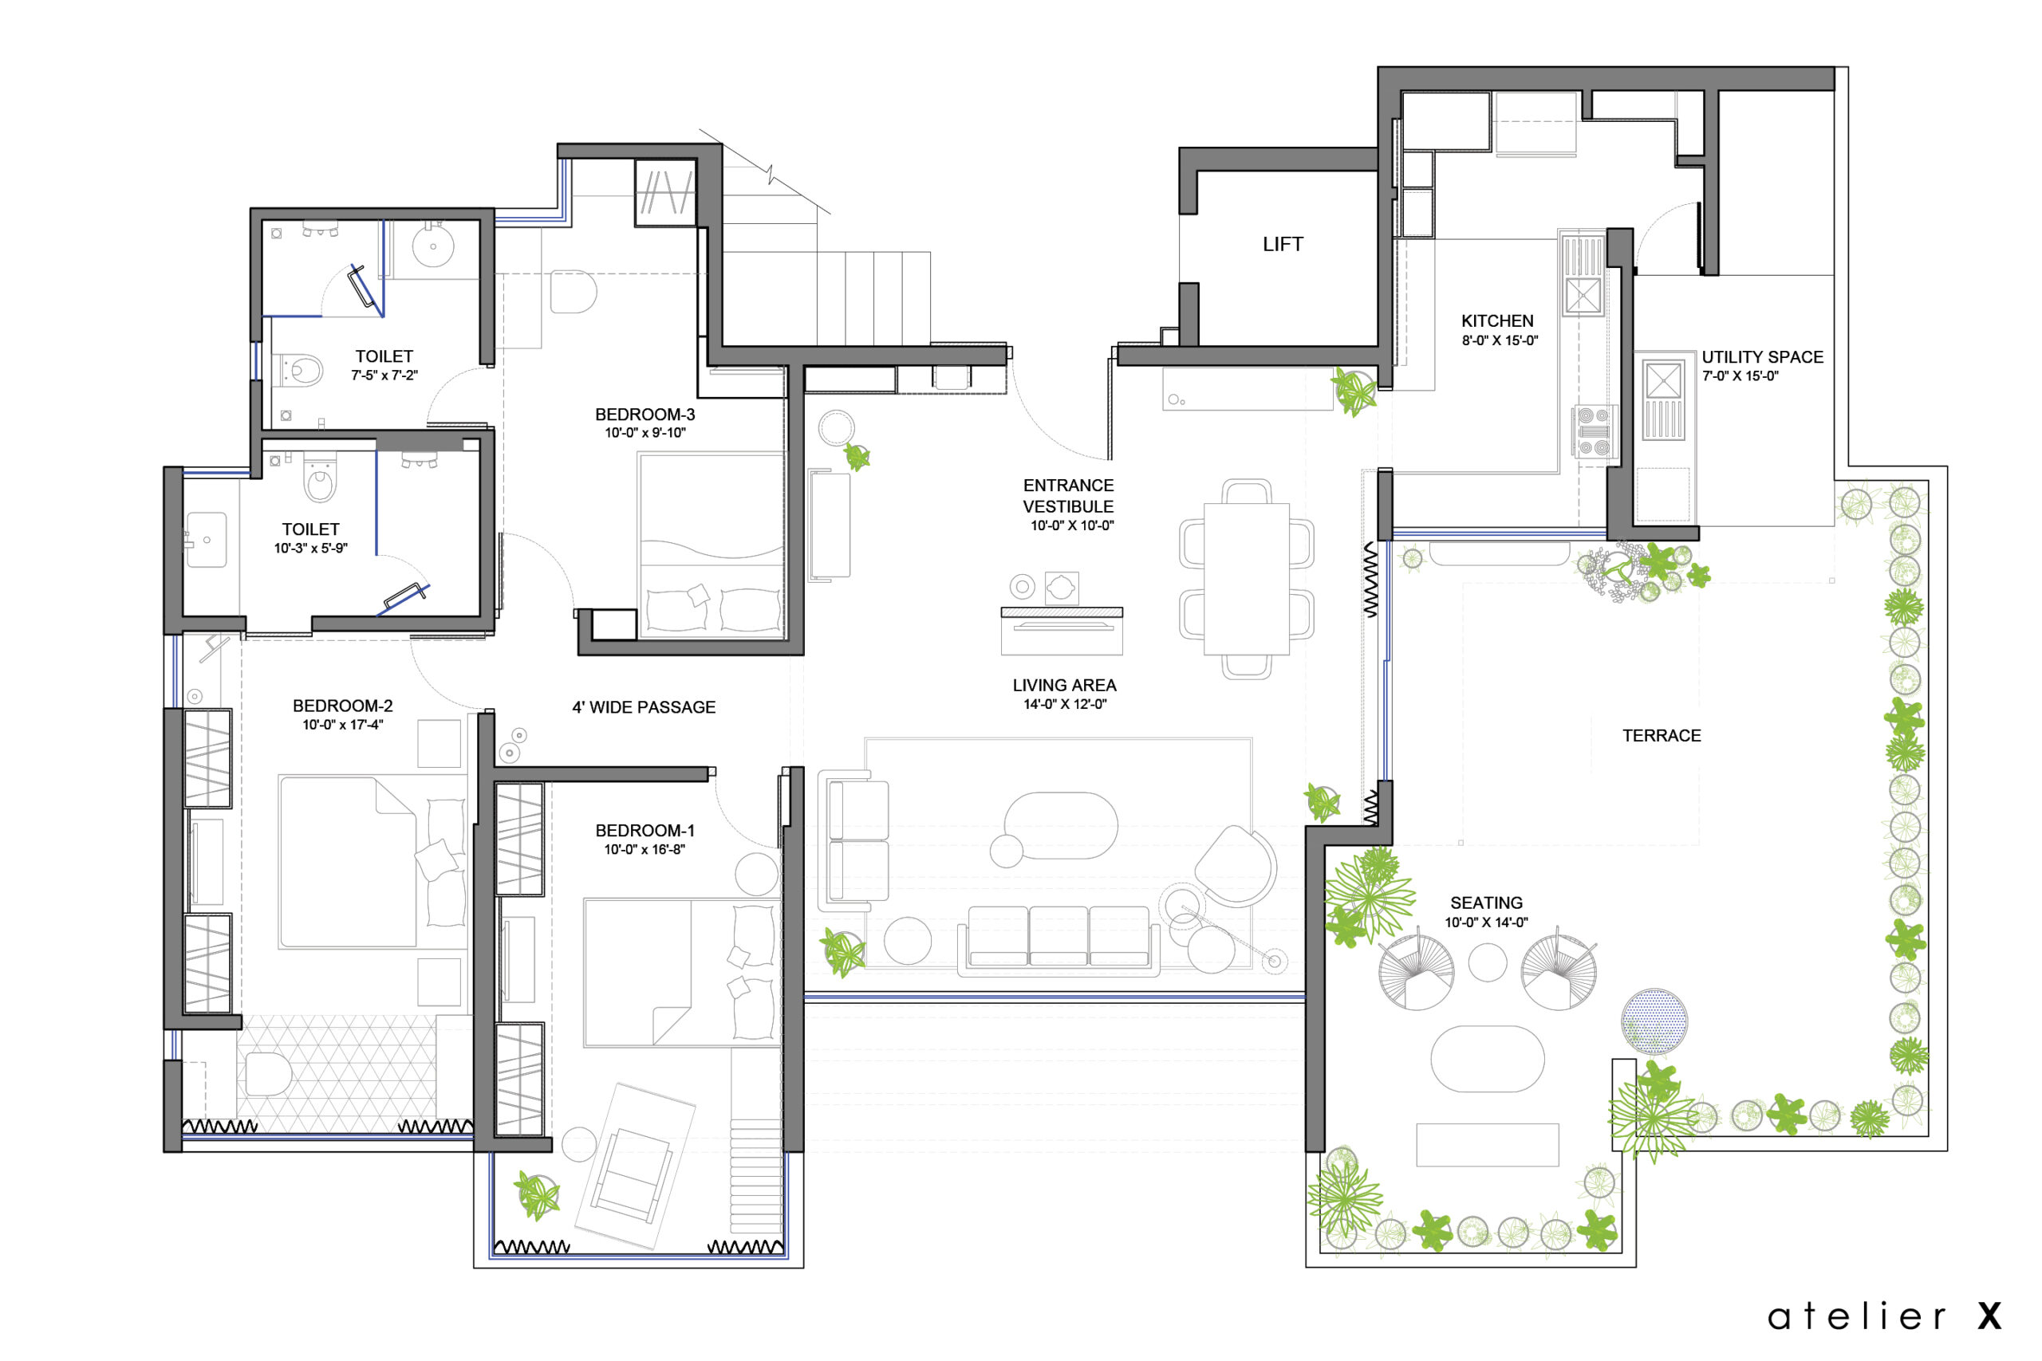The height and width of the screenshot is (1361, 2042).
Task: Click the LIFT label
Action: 1283,245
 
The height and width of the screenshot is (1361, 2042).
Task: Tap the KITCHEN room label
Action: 1496,321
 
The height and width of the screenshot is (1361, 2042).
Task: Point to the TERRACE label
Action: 1661,736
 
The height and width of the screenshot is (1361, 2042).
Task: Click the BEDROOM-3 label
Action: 645,415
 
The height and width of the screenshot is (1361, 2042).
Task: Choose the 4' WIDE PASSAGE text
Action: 644,707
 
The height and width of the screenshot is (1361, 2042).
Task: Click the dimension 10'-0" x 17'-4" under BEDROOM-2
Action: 342,725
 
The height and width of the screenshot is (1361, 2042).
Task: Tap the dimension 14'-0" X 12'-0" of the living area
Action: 1064,704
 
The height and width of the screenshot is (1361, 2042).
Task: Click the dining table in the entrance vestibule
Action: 1246,578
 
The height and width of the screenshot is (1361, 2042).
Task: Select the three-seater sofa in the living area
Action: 1058,938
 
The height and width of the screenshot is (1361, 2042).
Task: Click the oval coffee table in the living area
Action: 1060,825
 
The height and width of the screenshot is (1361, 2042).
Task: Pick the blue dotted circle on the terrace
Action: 1654,1022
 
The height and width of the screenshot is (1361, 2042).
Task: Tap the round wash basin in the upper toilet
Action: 432,246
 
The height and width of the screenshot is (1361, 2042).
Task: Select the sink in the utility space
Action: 1662,381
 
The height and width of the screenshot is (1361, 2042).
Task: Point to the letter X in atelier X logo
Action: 1989,1316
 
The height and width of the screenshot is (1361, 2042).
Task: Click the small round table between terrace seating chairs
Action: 1486,962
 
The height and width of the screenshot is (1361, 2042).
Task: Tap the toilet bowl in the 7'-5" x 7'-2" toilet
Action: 304,371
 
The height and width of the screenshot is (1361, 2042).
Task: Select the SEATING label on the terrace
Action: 1485,903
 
